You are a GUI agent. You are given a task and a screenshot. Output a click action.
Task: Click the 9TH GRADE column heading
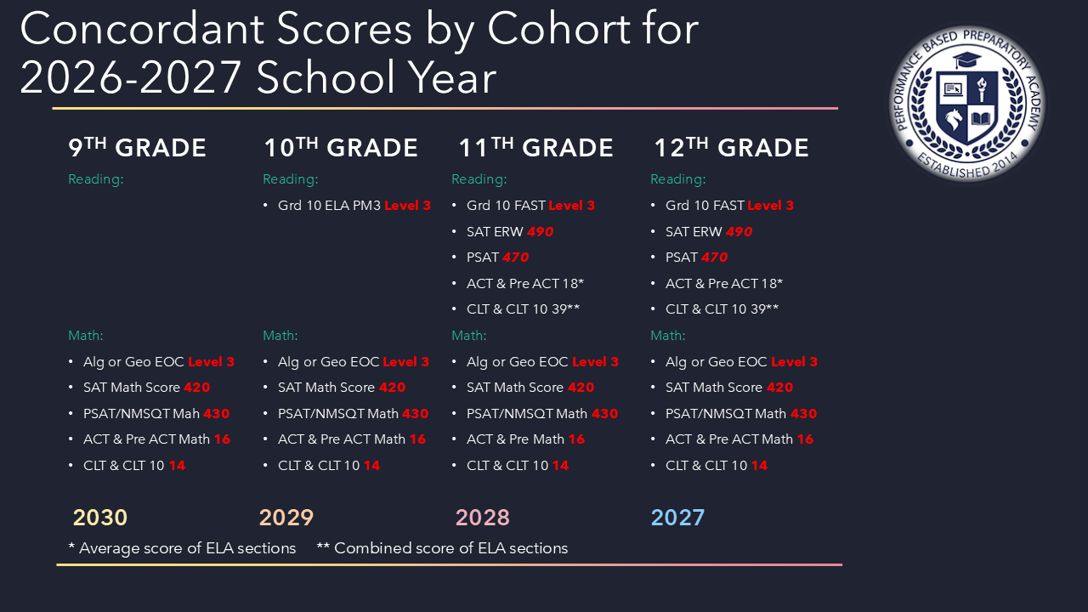point(137,147)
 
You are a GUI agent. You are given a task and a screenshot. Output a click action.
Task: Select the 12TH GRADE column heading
point(731,147)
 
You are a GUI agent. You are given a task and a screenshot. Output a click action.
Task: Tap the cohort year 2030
point(100,518)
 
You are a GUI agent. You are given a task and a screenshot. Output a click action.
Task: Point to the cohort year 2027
point(677,518)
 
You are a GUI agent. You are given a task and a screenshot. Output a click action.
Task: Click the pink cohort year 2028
point(482,518)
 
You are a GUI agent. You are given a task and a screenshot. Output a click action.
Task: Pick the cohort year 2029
point(286,518)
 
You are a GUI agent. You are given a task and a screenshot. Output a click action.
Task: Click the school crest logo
point(967,104)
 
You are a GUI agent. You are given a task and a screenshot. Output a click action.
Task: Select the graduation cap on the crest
point(967,60)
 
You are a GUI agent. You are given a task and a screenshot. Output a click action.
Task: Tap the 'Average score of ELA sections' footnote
point(182,548)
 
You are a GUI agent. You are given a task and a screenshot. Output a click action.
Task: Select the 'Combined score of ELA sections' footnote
point(442,548)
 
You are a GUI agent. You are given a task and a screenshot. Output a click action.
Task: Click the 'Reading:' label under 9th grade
point(96,179)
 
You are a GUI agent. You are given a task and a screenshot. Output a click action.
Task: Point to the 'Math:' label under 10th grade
point(280,335)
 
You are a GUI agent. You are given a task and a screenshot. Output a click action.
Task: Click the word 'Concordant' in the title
point(142,29)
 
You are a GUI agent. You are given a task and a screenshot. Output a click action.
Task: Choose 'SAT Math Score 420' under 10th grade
point(342,387)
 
